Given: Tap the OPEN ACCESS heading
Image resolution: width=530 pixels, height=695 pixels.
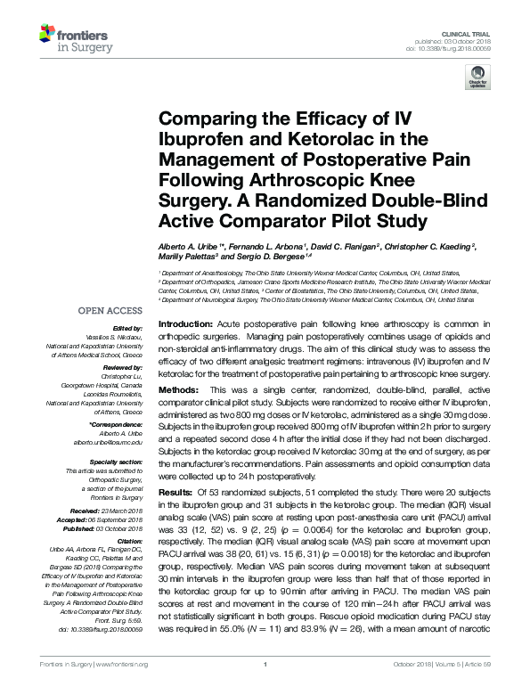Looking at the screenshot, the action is tap(111, 311).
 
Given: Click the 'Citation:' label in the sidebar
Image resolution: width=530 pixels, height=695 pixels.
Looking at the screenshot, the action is tap(130, 540).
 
